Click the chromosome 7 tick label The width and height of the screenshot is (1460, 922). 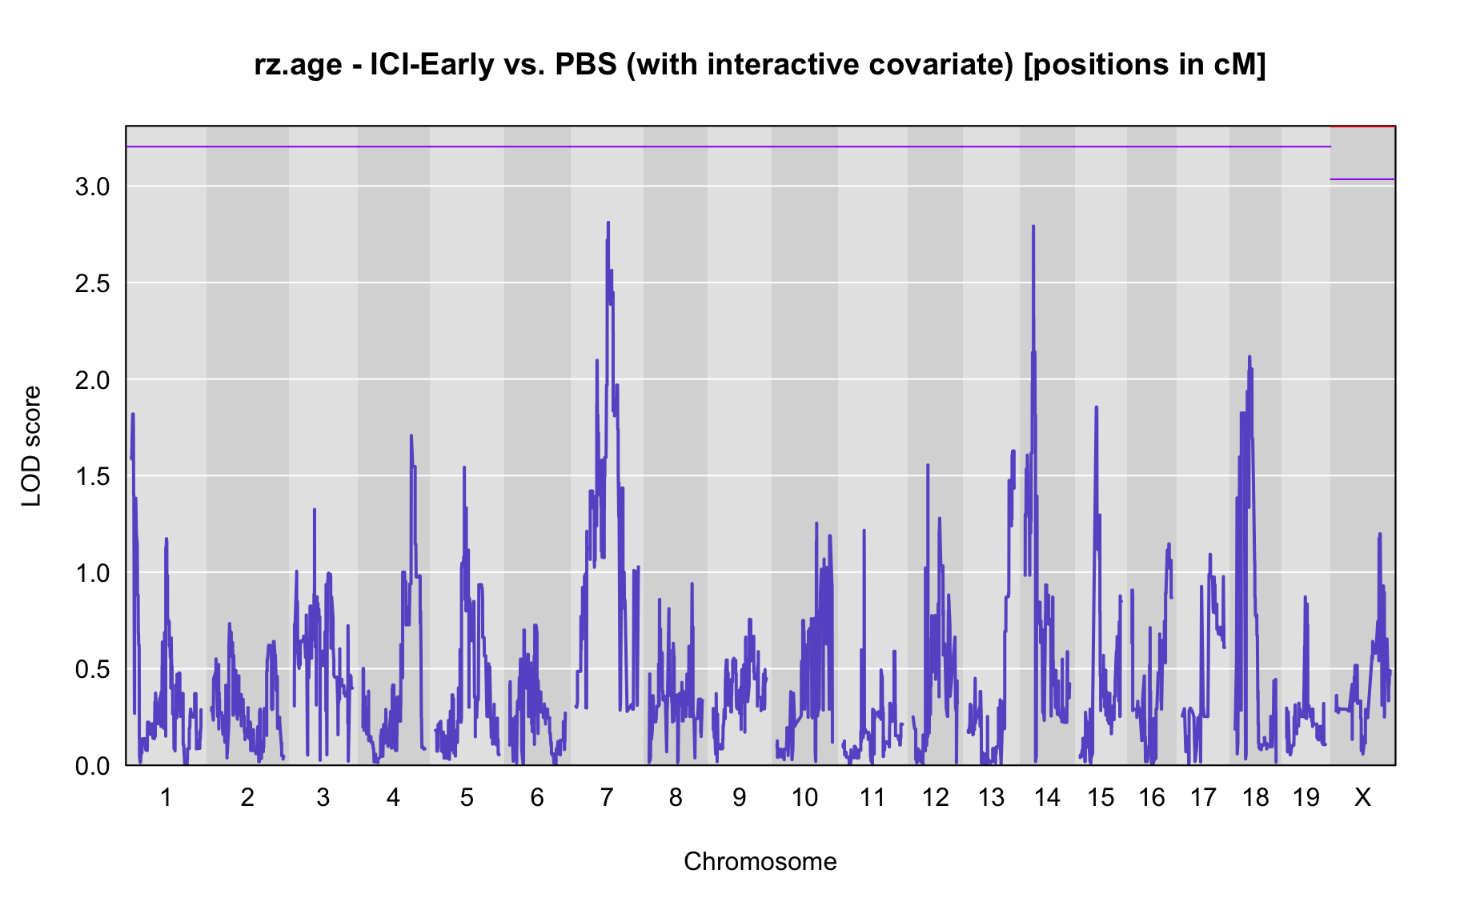(x=606, y=797)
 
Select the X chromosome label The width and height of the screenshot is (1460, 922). (x=1362, y=797)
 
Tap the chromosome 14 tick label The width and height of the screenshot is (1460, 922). (x=1047, y=797)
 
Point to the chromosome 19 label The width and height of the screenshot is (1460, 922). (x=1306, y=797)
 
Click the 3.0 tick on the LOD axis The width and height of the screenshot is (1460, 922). (x=92, y=186)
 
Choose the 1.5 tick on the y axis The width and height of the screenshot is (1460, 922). (x=92, y=476)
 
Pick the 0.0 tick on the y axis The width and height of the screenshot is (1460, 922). (x=92, y=766)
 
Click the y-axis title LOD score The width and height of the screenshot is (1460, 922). (x=31, y=446)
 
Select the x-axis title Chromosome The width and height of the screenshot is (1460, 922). (x=760, y=861)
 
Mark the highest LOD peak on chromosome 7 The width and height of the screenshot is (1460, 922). (x=608, y=222)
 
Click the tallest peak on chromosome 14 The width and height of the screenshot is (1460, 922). (x=1033, y=226)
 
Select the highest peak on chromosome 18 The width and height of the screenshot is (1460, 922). (x=1249, y=357)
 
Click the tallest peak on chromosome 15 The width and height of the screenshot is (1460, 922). (x=1097, y=407)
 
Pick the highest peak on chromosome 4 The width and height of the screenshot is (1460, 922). (x=411, y=436)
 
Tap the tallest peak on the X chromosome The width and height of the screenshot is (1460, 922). (x=1379, y=534)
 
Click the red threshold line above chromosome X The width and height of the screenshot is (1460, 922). (x=1362, y=126)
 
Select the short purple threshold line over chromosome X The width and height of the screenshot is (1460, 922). (x=1362, y=179)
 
